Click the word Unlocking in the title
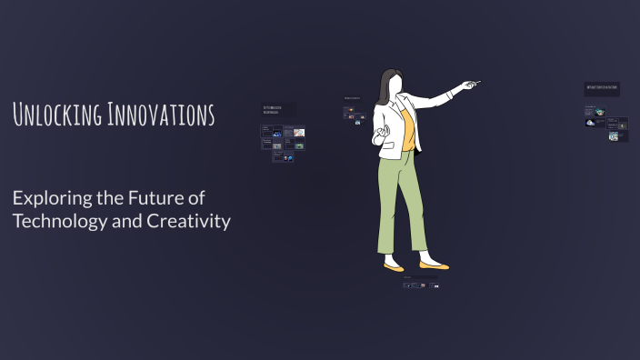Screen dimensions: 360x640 tap(56, 115)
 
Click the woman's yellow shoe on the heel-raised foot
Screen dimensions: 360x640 tap(393, 267)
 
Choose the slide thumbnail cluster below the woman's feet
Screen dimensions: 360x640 tap(423, 285)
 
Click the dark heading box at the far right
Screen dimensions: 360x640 tap(602, 89)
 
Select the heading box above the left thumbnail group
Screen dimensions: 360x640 tap(277, 109)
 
